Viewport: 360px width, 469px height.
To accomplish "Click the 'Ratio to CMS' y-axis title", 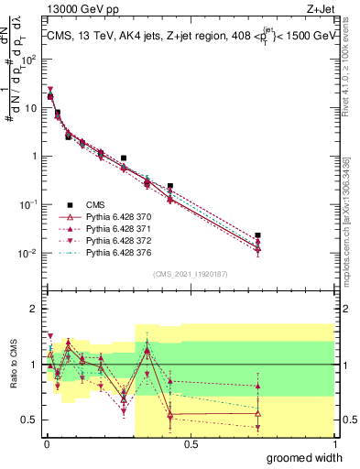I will coord(11,366).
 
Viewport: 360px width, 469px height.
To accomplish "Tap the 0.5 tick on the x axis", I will coord(191,443).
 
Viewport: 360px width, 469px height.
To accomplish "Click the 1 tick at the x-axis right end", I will coord(334,443).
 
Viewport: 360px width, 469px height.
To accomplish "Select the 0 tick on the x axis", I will coord(47,443).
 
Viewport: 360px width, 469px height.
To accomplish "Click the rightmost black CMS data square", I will coord(257,235).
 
